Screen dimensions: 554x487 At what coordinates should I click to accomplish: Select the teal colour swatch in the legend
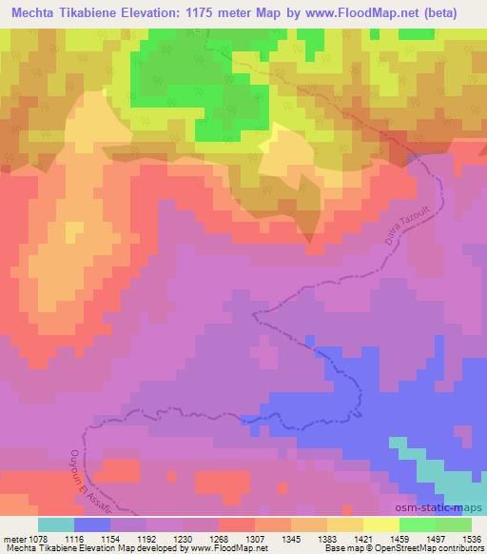(56, 524)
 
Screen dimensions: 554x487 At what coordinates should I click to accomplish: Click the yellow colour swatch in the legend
(381, 524)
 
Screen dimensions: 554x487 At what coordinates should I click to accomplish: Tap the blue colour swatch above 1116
(92, 524)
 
